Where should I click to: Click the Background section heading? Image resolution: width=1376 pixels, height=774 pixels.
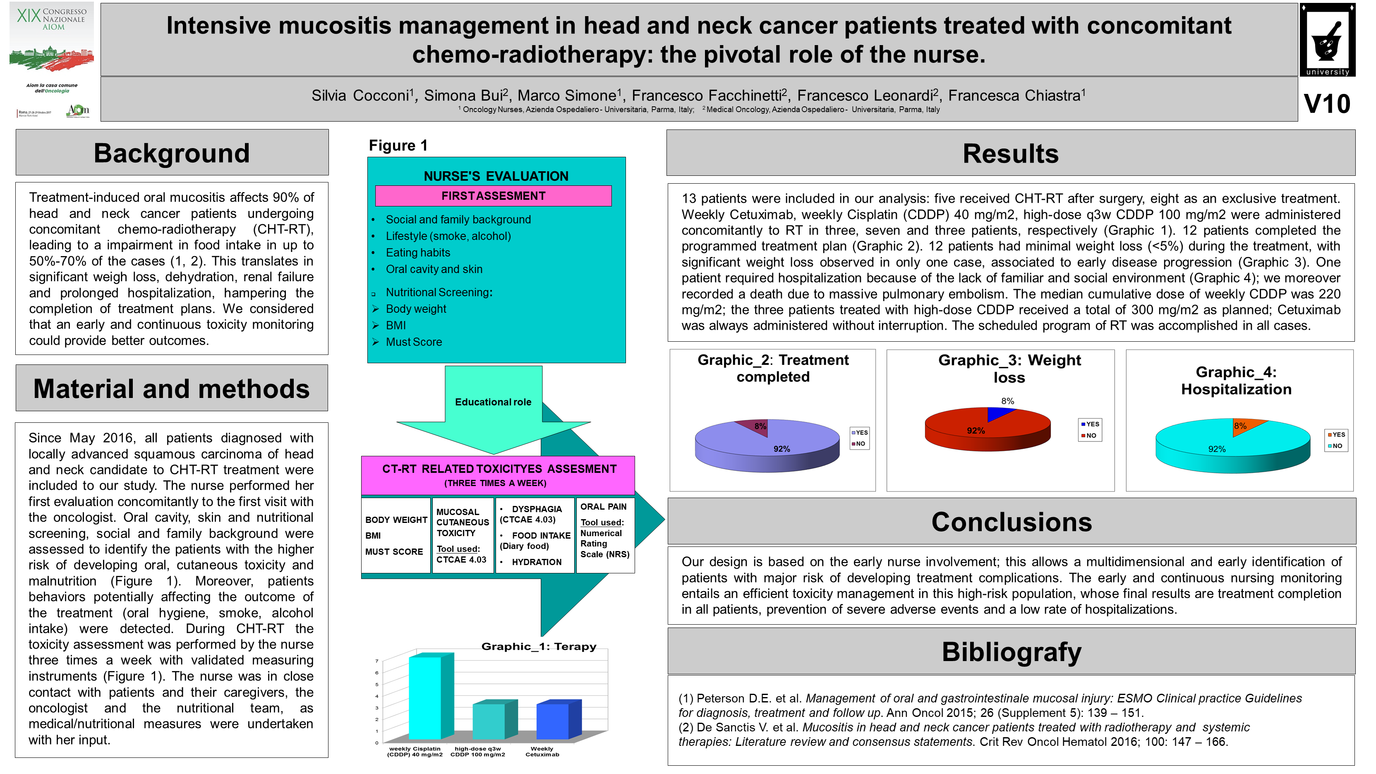click(x=171, y=153)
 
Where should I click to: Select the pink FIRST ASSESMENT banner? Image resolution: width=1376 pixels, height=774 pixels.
click(x=493, y=196)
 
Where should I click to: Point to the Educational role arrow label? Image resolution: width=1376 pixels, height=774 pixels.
click(x=492, y=402)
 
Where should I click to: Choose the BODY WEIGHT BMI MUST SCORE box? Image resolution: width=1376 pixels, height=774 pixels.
click(x=396, y=535)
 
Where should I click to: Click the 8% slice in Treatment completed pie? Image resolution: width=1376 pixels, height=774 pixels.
click(x=755, y=427)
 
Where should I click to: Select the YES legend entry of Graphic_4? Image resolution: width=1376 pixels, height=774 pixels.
click(x=1336, y=435)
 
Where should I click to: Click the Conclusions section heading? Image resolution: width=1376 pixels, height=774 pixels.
click(x=1011, y=522)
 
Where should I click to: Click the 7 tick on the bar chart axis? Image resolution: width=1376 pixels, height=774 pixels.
click(x=376, y=661)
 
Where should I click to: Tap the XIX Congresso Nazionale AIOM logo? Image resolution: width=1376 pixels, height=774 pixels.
click(x=52, y=60)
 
